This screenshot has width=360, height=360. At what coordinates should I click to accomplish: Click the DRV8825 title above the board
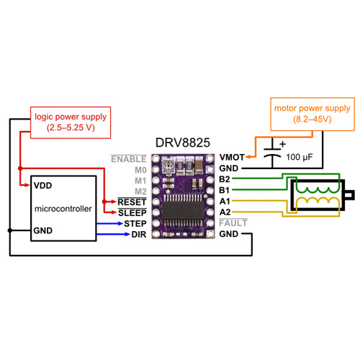click(183, 143)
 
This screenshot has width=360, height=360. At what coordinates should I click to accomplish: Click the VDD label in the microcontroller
click(42, 186)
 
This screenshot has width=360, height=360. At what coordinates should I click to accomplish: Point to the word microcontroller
click(63, 209)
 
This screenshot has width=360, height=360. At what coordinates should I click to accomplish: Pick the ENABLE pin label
click(129, 159)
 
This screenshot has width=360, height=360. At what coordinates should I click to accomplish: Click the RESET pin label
click(132, 202)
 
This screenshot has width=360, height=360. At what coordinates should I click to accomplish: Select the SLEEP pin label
click(132, 212)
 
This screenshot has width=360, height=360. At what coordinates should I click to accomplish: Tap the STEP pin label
click(135, 224)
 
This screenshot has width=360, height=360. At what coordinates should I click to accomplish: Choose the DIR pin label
click(139, 235)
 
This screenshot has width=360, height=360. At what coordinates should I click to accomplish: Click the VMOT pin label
click(232, 158)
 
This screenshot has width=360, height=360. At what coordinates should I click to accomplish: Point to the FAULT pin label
click(233, 223)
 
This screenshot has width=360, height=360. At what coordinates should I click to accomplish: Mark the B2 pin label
click(225, 179)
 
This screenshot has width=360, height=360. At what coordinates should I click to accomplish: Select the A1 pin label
click(225, 201)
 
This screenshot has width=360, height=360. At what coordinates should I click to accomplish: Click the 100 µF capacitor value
click(300, 157)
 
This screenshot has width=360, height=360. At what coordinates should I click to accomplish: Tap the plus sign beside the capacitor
click(283, 144)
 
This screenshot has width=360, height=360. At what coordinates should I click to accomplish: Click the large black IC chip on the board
click(183, 210)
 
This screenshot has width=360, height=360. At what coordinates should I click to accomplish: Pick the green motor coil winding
click(318, 190)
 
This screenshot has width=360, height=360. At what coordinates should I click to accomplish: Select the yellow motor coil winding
click(318, 200)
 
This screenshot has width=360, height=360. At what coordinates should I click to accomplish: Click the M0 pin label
click(140, 170)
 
